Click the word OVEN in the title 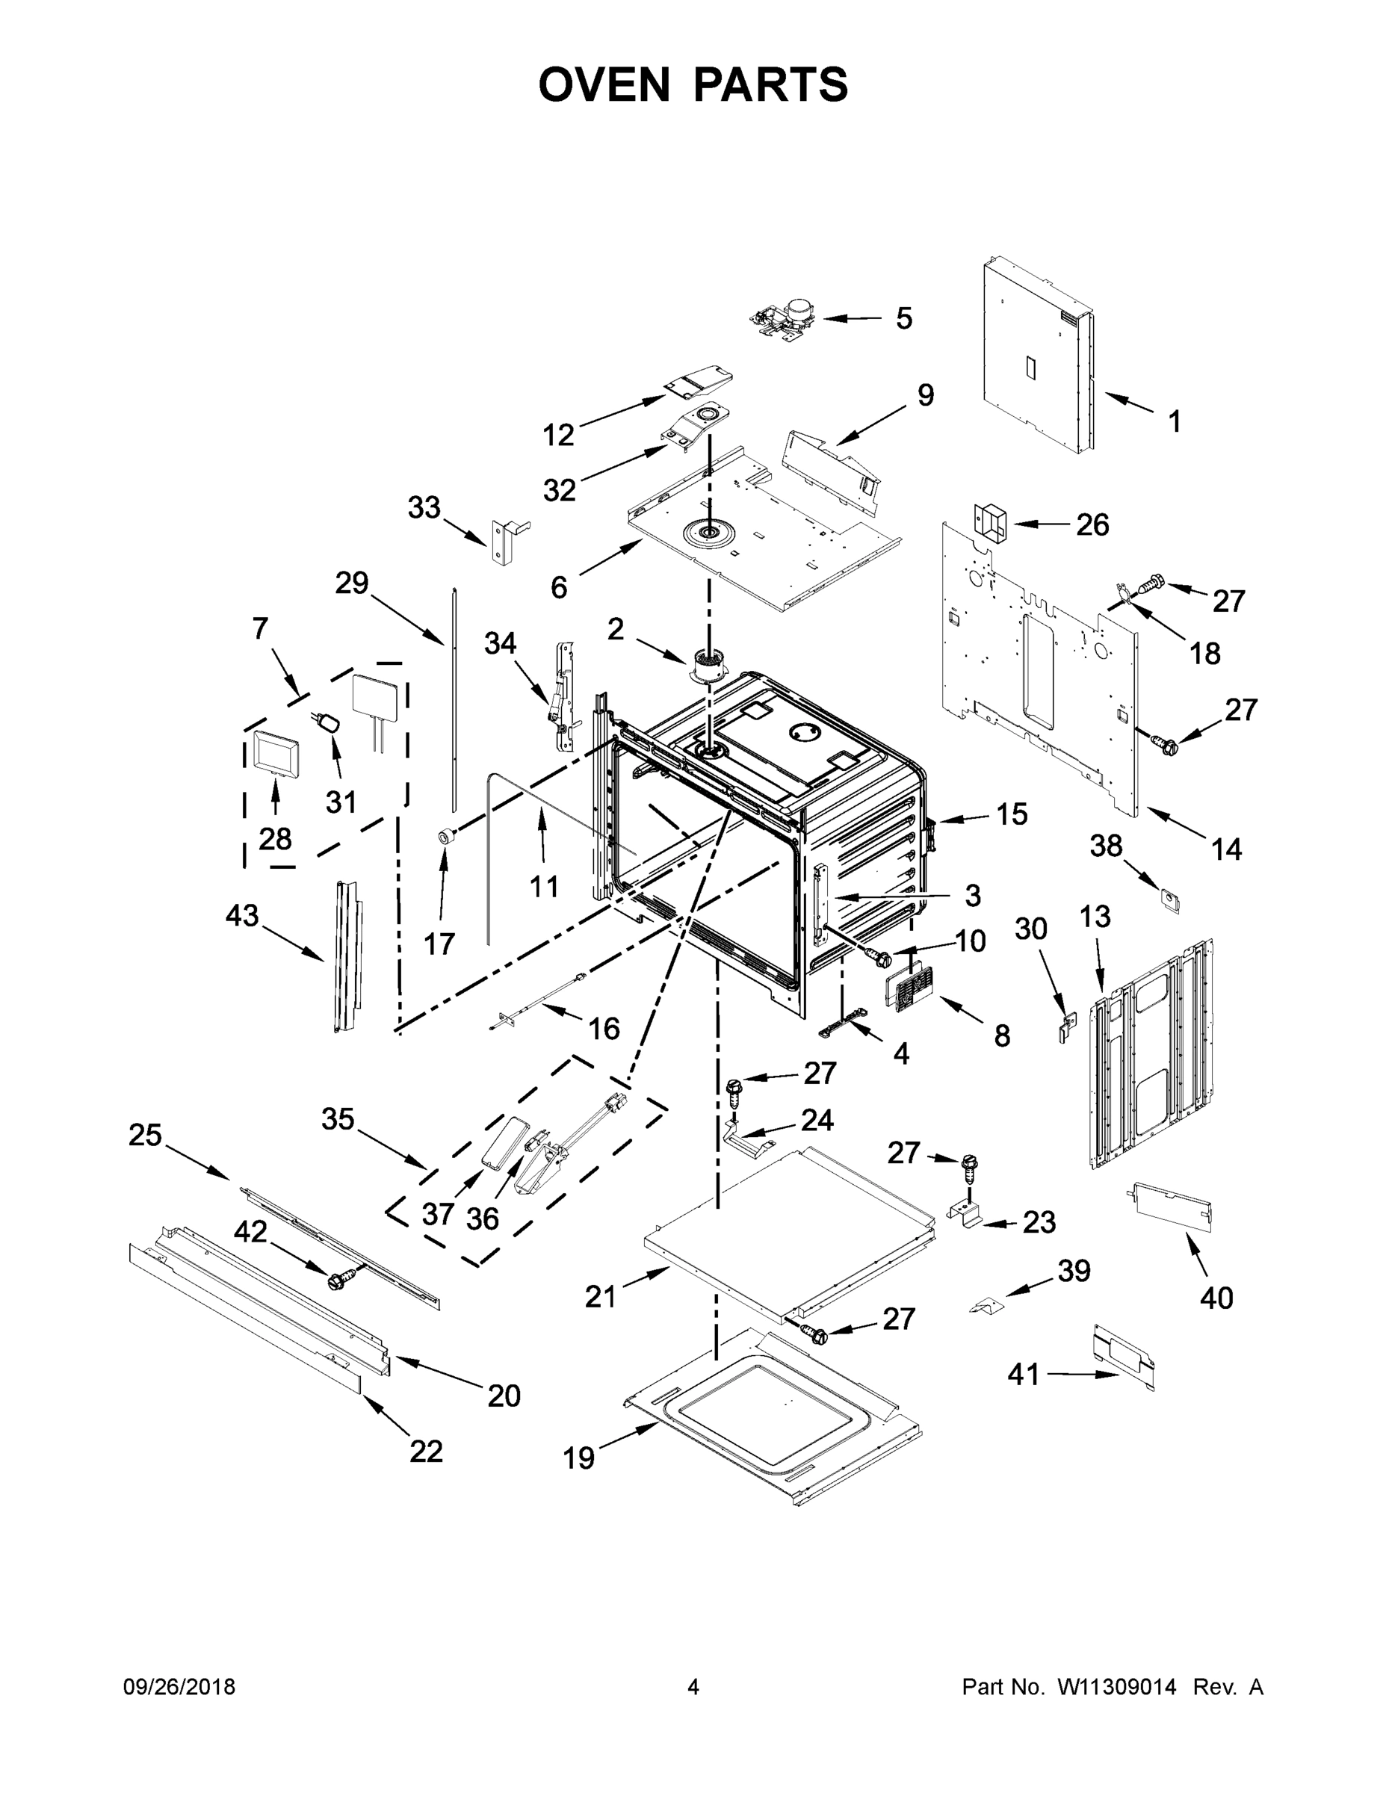point(604,84)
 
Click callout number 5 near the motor point(903,318)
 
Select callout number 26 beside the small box point(1092,524)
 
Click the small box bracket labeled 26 point(989,524)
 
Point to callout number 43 point(242,915)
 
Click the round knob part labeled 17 point(447,837)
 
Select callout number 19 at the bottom point(578,1458)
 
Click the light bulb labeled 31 point(329,723)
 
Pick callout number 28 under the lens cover point(275,839)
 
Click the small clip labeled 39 point(986,1304)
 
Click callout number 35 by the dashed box point(338,1118)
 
